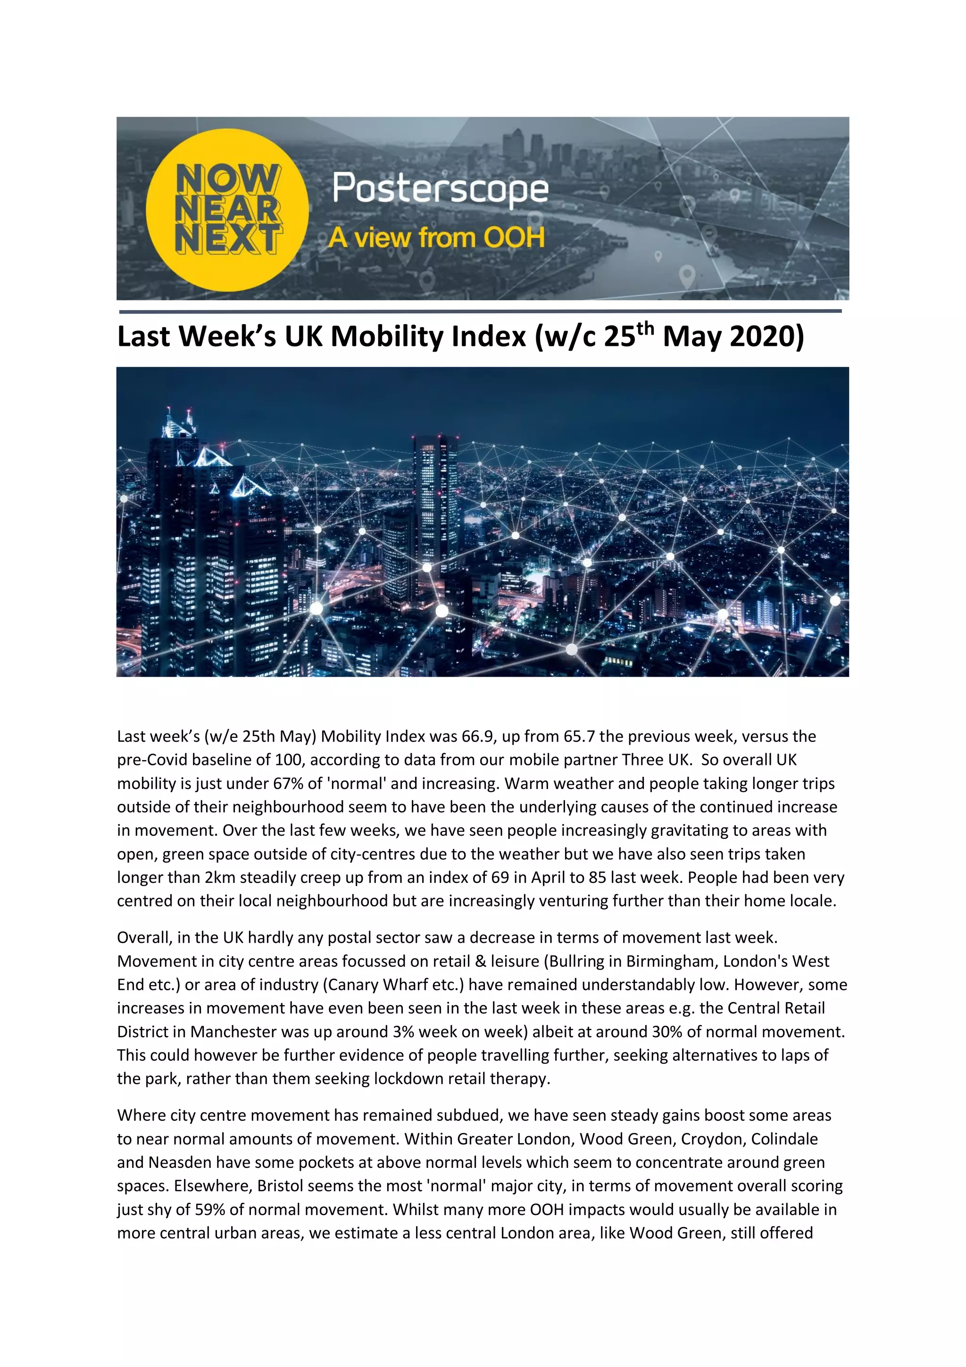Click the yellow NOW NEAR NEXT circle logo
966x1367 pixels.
[x=227, y=210]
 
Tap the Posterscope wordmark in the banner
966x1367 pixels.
[x=440, y=189]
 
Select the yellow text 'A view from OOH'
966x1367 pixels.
[x=436, y=237]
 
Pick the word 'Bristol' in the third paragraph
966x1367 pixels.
[x=280, y=1186]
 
